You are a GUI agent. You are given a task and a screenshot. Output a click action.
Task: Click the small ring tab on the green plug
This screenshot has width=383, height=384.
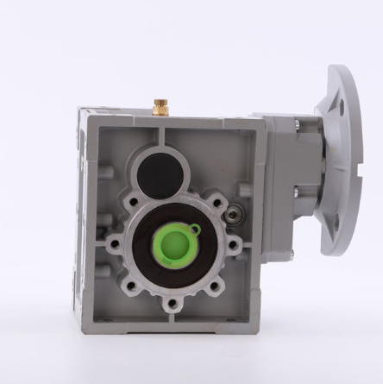tap(196, 230)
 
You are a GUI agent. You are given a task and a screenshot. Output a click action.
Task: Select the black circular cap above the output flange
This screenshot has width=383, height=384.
tap(160, 175)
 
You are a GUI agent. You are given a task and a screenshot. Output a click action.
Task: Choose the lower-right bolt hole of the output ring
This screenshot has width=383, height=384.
tap(215, 284)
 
